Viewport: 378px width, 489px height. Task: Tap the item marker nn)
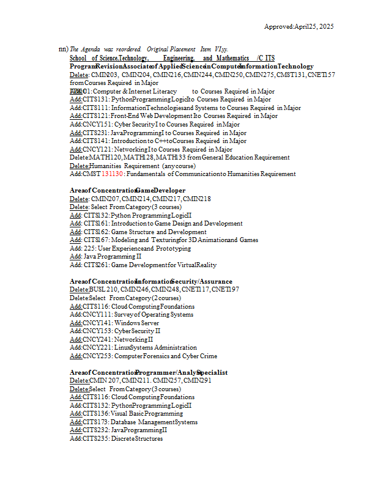point(63,49)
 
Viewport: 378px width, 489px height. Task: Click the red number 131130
point(112,174)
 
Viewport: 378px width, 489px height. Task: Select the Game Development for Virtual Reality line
point(143,265)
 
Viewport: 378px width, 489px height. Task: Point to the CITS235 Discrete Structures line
point(116,438)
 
